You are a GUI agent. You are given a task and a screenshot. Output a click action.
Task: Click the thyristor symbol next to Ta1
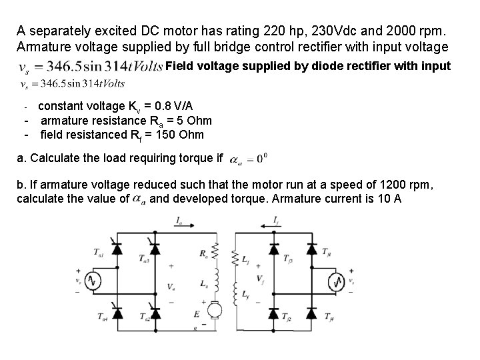[x=119, y=248]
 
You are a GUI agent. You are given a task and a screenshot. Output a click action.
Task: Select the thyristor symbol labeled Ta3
[x=156, y=248]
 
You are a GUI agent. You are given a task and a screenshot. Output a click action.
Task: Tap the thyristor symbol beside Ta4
[x=119, y=312]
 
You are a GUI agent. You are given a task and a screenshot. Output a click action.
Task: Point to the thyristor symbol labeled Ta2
[x=156, y=312]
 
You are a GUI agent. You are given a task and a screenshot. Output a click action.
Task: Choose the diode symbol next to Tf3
[x=273, y=248]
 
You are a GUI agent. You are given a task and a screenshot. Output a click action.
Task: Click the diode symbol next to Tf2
[x=273, y=312]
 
